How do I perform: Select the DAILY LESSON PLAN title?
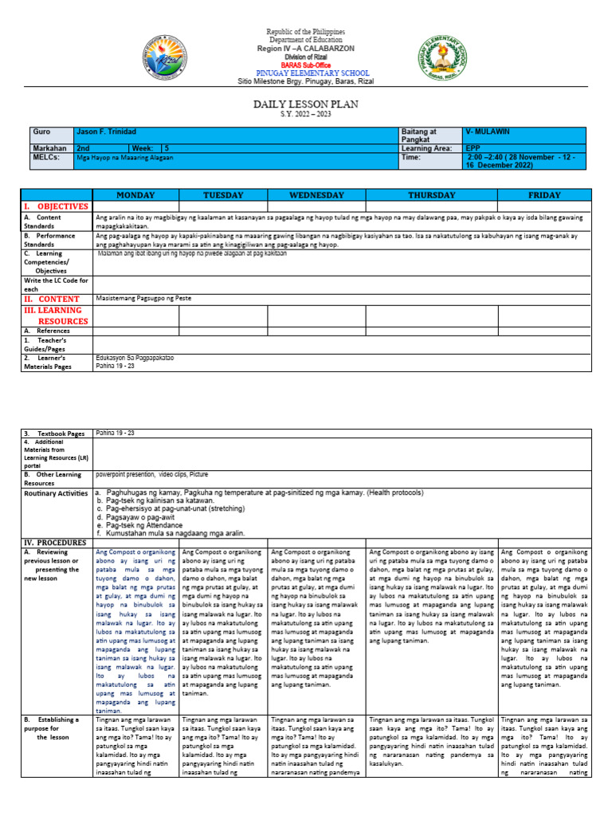point(305,104)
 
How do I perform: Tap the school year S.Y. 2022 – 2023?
point(305,114)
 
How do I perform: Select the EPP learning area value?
point(474,148)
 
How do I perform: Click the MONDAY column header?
point(135,195)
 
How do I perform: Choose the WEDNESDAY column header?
point(316,195)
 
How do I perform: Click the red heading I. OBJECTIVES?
point(56,206)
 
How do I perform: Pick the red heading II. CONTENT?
point(53,299)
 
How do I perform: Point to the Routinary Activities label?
point(56,493)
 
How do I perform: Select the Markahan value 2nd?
point(82,148)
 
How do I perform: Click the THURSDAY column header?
point(431,195)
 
